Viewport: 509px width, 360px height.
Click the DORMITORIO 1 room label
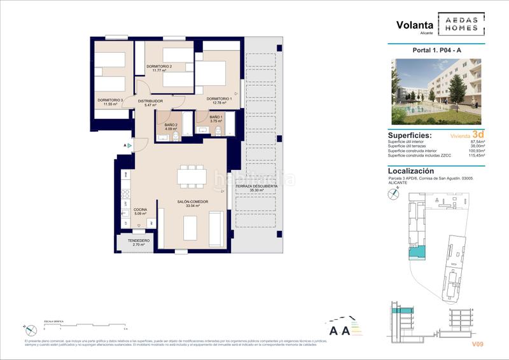(x=218, y=99)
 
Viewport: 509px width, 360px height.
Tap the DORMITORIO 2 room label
(x=160, y=67)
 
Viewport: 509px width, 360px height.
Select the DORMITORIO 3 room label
(x=109, y=100)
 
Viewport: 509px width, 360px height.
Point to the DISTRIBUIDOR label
(x=150, y=101)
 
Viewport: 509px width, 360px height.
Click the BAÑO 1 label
(x=216, y=117)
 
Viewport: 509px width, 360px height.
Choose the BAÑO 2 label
(x=171, y=125)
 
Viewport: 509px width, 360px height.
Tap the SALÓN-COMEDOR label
(x=188, y=202)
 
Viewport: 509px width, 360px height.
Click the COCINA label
(x=140, y=210)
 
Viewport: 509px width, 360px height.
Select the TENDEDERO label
(x=139, y=241)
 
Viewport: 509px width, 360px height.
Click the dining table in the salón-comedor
(x=192, y=176)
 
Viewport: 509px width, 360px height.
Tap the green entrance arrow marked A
(x=129, y=146)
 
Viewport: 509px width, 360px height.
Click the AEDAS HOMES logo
(x=461, y=24)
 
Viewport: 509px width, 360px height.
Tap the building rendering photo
(x=436, y=91)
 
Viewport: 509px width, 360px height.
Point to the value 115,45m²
(x=475, y=155)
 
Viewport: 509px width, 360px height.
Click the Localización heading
(x=411, y=170)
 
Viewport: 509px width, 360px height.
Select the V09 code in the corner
(x=477, y=344)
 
